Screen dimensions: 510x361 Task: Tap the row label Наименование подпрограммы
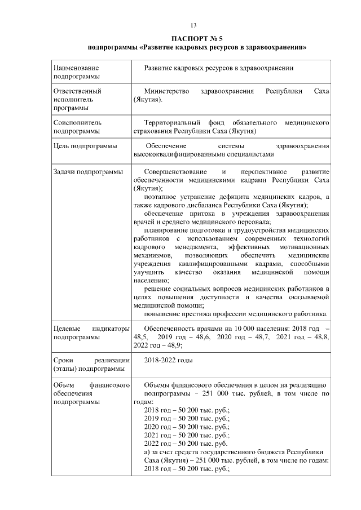point(76,72)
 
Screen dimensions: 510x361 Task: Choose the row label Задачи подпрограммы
point(87,171)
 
